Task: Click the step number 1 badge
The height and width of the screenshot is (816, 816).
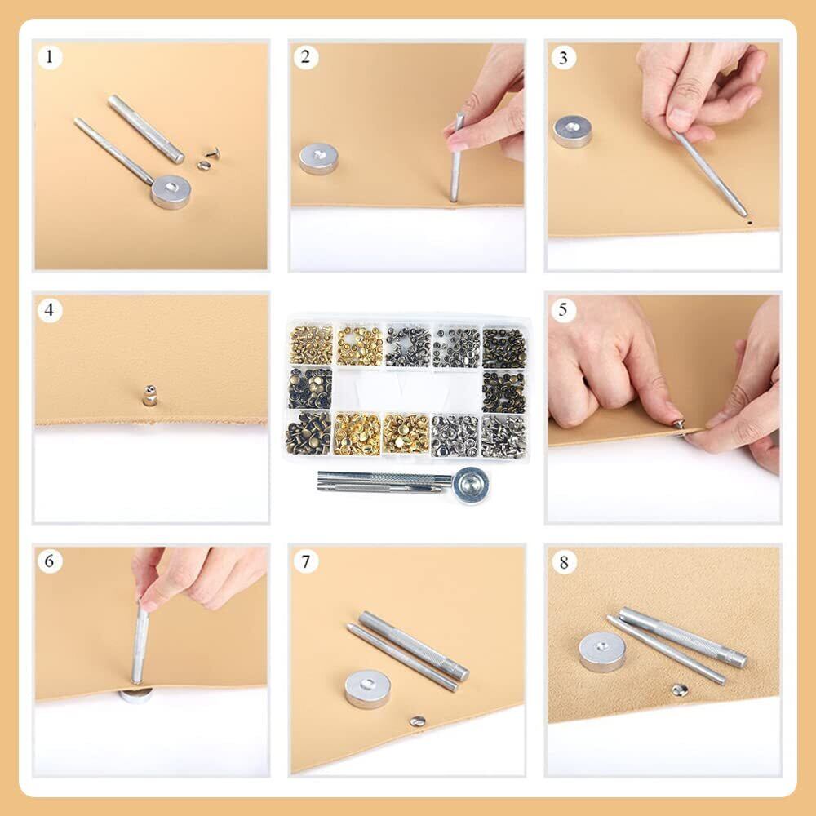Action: click(x=50, y=57)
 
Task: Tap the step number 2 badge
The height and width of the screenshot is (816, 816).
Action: click(x=305, y=57)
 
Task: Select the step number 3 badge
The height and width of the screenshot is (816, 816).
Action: click(x=563, y=57)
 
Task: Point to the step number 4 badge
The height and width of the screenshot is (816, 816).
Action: click(x=50, y=310)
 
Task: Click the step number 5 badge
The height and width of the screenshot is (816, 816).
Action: click(x=563, y=310)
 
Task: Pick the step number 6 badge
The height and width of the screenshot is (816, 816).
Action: click(x=50, y=561)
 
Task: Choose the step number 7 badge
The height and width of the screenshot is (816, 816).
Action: click(x=305, y=562)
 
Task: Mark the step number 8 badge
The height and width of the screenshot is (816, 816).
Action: click(x=564, y=562)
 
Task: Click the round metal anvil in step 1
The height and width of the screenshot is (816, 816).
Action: click(x=171, y=192)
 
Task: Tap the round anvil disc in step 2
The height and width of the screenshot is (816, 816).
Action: click(x=318, y=158)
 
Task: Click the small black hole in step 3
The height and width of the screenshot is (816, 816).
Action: click(x=750, y=222)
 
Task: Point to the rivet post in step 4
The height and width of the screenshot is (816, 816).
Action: click(x=149, y=395)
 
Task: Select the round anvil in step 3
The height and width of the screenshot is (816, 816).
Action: click(x=573, y=131)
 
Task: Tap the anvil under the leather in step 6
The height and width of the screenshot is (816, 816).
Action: click(x=135, y=695)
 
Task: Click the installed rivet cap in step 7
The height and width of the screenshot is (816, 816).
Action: click(x=417, y=721)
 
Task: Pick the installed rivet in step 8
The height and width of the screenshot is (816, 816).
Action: click(x=679, y=690)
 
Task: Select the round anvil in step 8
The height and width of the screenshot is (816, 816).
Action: click(x=602, y=652)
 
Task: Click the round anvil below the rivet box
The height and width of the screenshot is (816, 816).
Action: click(x=471, y=486)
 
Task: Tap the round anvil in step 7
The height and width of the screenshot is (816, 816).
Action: click(x=367, y=689)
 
